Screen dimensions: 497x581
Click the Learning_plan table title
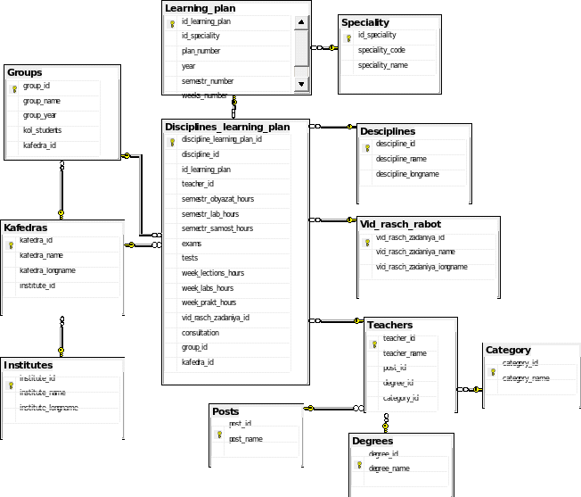click(x=200, y=8)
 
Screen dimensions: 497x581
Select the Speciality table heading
click(x=364, y=22)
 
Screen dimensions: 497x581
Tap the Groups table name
click(x=24, y=72)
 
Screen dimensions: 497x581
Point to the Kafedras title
click(x=25, y=228)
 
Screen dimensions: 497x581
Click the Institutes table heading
click(x=28, y=365)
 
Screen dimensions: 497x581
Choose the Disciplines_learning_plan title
click(x=227, y=127)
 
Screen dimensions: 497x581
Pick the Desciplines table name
click(x=387, y=131)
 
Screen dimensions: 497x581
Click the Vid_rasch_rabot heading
click(x=400, y=224)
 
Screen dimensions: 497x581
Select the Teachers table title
click(x=389, y=325)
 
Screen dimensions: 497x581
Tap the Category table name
click(x=508, y=350)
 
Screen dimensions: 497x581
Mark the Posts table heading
click(x=225, y=411)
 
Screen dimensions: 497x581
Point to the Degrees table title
click(x=372, y=441)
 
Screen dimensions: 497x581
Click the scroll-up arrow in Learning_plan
click(x=301, y=23)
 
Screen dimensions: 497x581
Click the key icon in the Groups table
click(x=13, y=88)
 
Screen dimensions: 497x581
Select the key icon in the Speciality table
click(x=347, y=37)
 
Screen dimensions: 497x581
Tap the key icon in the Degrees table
click(x=357, y=465)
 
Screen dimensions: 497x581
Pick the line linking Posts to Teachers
click(x=334, y=409)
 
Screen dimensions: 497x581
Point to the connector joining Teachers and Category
click(x=470, y=389)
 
